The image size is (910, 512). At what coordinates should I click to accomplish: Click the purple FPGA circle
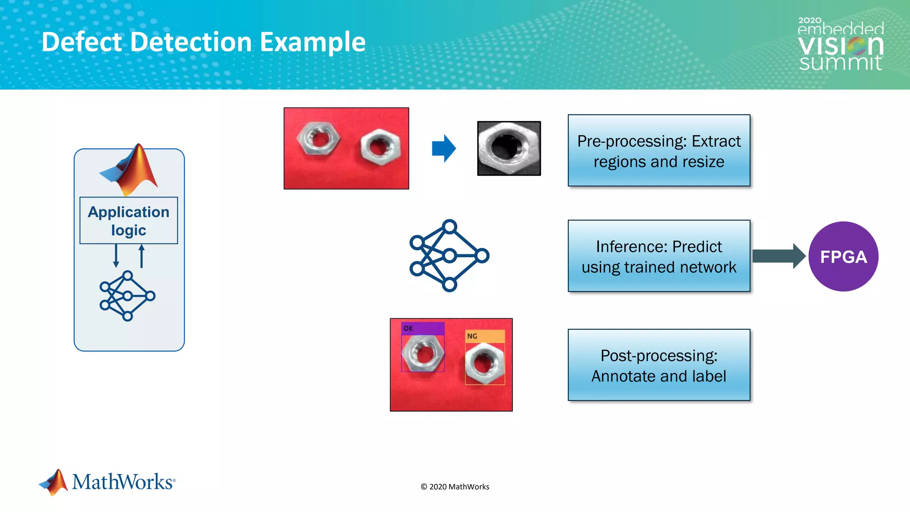(x=843, y=256)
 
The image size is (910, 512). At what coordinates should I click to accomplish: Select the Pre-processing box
(x=659, y=151)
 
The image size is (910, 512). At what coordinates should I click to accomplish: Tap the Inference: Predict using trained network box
(x=659, y=256)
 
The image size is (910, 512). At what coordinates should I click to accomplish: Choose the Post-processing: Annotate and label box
(x=659, y=365)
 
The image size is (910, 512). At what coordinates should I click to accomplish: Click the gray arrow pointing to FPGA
(x=778, y=256)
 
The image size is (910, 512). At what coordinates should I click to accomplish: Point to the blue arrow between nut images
(x=443, y=148)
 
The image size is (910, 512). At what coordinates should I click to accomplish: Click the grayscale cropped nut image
(x=509, y=148)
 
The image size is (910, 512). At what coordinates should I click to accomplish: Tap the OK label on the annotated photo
(x=408, y=328)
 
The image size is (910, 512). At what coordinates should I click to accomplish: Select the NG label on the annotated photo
(x=472, y=336)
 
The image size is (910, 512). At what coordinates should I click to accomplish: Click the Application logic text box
(x=128, y=220)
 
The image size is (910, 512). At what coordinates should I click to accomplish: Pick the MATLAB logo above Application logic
(x=130, y=169)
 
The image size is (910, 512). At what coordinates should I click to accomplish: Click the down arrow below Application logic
(x=116, y=256)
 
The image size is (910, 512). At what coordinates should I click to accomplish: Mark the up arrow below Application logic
(x=142, y=256)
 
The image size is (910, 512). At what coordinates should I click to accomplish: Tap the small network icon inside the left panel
(x=127, y=296)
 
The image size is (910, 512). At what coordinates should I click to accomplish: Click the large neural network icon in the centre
(x=449, y=256)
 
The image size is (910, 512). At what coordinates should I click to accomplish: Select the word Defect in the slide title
(x=81, y=42)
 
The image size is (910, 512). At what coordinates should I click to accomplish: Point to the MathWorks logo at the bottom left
(x=107, y=482)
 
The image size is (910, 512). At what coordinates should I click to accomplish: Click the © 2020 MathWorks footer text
(x=455, y=487)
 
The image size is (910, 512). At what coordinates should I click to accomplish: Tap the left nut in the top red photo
(x=318, y=138)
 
